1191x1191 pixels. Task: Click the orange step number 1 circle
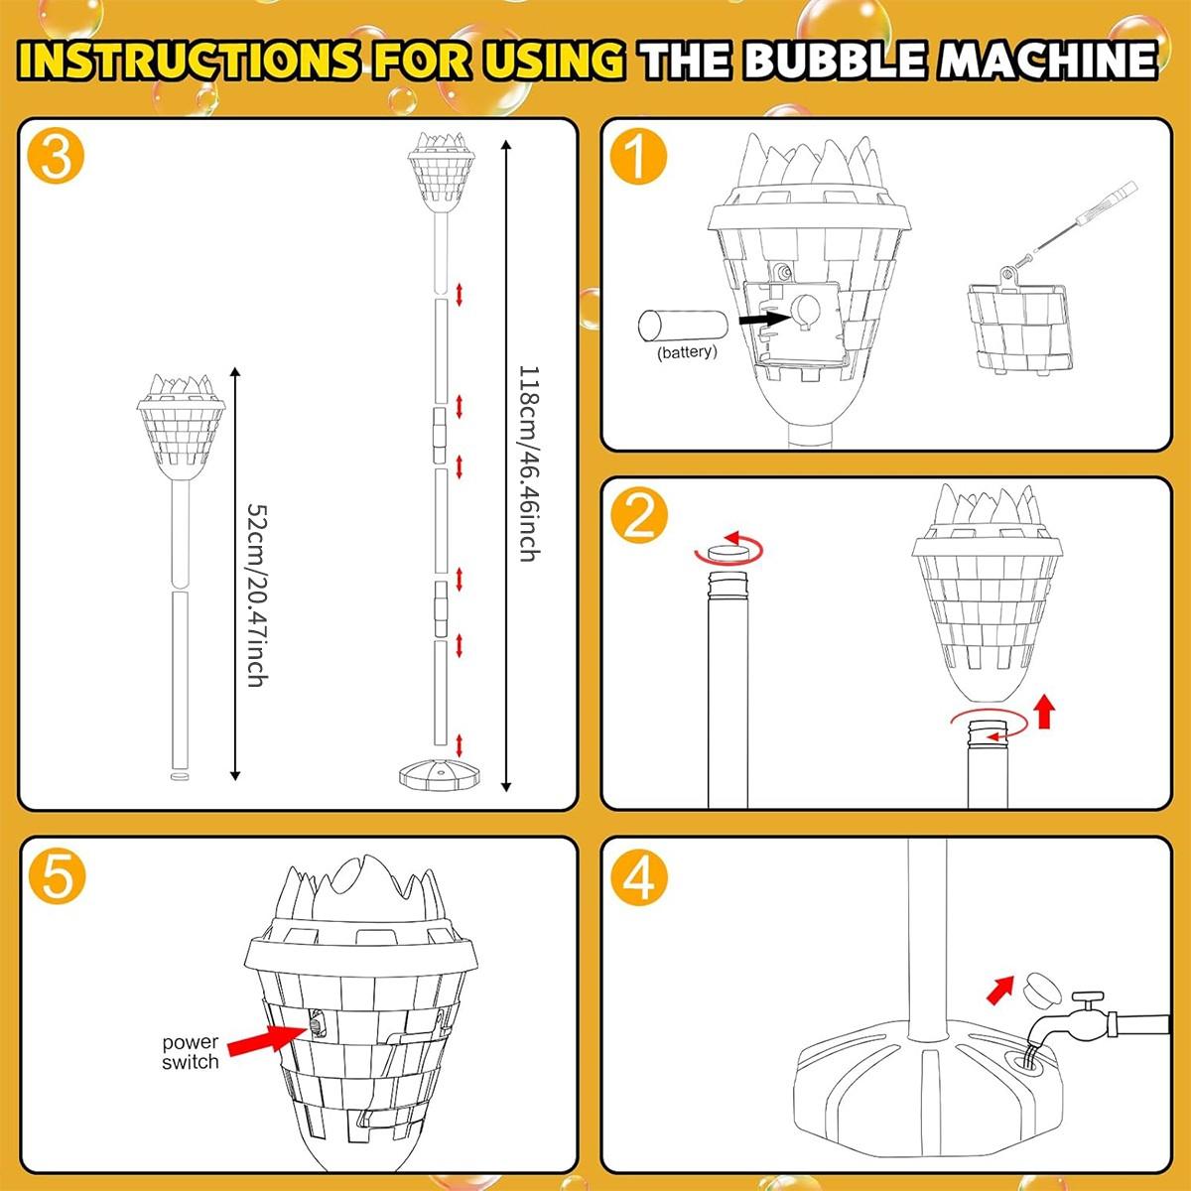pyautogui.click(x=638, y=159)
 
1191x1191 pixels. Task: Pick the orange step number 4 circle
pyautogui.click(x=638, y=877)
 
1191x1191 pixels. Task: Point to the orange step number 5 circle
pyautogui.click(x=57, y=877)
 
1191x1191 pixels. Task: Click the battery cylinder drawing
pyautogui.click(x=686, y=325)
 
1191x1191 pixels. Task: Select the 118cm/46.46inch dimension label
pyautogui.click(x=528, y=463)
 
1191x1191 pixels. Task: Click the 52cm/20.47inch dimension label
pyautogui.click(x=256, y=595)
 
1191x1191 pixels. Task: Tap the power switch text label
pyautogui.click(x=191, y=1052)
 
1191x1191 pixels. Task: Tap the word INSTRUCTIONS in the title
pyautogui.click(x=189, y=61)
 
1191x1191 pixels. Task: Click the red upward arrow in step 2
pyautogui.click(x=1042, y=712)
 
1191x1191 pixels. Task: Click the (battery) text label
pyautogui.click(x=686, y=352)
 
